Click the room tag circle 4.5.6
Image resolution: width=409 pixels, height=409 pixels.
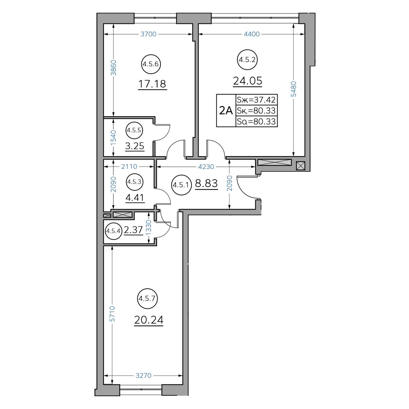[151, 64]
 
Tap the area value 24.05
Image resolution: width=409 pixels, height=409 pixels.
[247, 81]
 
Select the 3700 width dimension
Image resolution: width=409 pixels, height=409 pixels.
[148, 34]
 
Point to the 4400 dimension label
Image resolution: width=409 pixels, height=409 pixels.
[252, 34]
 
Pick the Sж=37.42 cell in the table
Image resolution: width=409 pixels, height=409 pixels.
[256, 100]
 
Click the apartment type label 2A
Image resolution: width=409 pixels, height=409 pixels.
[226, 110]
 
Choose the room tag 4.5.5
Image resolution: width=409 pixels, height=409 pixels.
[134, 130]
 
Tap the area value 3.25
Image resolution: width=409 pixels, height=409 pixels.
[135, 146]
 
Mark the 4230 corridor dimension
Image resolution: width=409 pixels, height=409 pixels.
[206, 167]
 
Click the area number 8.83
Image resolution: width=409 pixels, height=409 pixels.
[206, 183]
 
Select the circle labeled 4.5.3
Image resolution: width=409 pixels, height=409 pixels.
[134, 182]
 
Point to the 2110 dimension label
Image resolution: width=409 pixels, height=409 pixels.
[129, 167]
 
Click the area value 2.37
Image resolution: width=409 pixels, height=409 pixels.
[134, 230]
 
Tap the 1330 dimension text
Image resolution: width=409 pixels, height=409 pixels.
[149, 227]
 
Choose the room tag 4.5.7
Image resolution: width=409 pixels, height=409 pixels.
[147, 299]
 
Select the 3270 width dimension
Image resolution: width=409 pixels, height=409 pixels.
[143, 376]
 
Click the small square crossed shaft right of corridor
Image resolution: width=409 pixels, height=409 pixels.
[300, 166]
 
